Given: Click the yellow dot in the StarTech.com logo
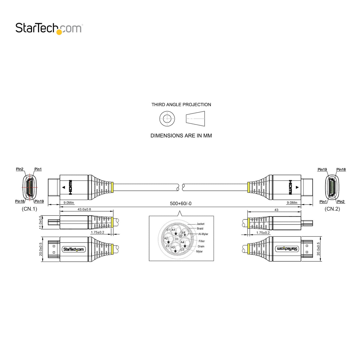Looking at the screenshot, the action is (x=59, y=32).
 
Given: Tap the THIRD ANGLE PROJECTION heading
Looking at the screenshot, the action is (x=181, y=104).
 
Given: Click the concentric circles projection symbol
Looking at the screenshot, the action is (x=167, y=119).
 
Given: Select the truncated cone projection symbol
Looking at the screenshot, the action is (x=195, y=119).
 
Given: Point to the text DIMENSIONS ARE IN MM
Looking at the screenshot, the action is (x=181, y=136).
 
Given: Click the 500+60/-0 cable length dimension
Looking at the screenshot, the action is (x=181, y=203).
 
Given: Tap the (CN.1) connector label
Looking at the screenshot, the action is (x=30, y=209).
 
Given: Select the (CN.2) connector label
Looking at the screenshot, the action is (x=332, y=209).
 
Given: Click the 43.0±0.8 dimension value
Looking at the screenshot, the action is (x=84, y=209).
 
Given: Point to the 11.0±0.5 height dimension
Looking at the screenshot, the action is (x=40, y=222).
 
